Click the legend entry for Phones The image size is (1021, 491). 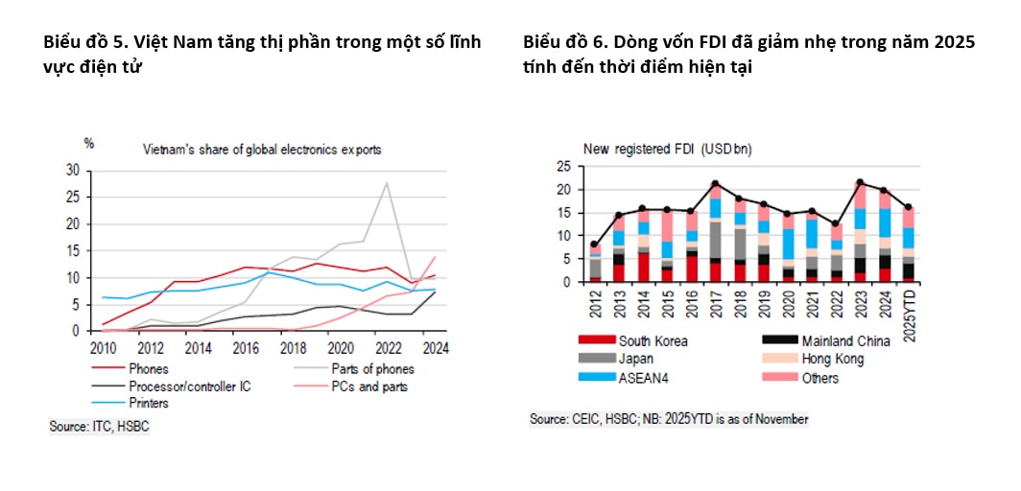147,369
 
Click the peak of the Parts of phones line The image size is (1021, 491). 387,183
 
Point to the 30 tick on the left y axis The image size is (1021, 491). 73,171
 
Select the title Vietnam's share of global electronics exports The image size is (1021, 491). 261,150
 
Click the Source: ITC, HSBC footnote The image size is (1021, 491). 100,426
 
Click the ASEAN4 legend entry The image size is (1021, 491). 642,377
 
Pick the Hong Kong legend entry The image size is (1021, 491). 824,359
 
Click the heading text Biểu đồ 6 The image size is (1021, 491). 558,43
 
